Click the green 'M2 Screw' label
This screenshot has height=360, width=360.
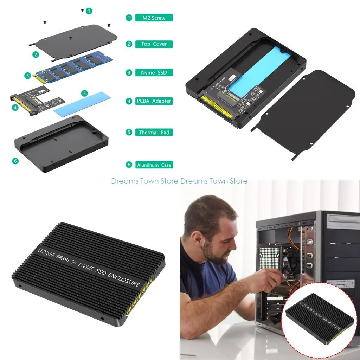tap(154, 18)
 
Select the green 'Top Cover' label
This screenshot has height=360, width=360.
tap(154, 44)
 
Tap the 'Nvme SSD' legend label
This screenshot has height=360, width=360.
tap(154, 73)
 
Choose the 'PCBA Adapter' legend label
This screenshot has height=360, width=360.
tap(154, 101)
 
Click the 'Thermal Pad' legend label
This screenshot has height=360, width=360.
tap(154, 133)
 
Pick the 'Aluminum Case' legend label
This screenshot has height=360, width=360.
tap(154, 165)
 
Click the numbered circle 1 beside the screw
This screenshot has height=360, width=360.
tap(89, 11)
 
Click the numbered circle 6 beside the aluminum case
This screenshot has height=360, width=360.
tap(15, 161)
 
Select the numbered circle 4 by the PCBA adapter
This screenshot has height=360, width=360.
tap(15, 108)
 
